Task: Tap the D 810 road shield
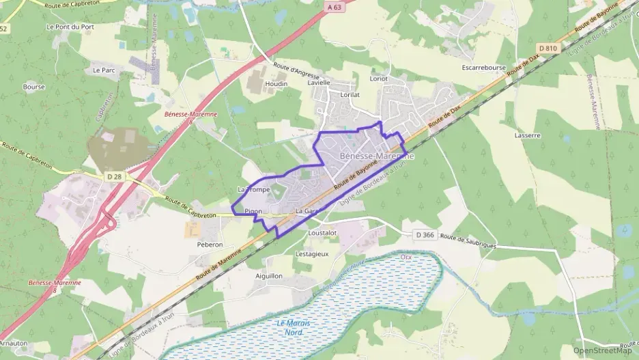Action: pos(548,48)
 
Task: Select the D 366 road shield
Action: pos(425,235)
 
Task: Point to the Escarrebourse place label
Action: pos(483,68)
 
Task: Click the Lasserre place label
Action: pos(528,135)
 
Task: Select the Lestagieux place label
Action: pos(312,253)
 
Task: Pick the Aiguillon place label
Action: pos(268,276)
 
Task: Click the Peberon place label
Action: pos(210,244)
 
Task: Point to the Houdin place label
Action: pos(276,84)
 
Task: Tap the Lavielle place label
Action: pos(319,83)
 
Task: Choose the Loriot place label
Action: pos(378,79)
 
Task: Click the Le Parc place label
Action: pos(104,70)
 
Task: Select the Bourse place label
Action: pos(34,87)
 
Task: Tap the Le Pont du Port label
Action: pos(70,27)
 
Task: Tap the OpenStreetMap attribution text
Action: pos(603,350)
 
